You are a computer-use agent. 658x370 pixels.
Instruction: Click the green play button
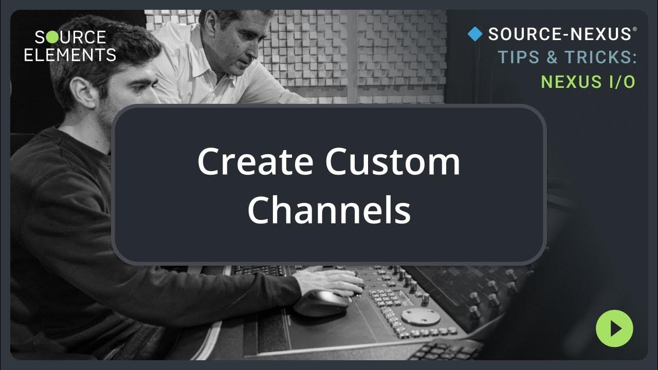click(x=614, y=328)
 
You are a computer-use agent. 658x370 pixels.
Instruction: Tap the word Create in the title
click(x=255, y=161)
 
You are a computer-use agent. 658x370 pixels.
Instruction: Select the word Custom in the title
click(x=393, y=161)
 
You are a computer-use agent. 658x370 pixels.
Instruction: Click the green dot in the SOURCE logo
click(x=53, y=38)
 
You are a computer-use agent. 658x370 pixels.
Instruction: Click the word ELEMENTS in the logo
click(x=70, y=54)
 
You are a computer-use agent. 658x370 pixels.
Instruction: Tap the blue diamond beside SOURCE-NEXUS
click(x=475, y=34)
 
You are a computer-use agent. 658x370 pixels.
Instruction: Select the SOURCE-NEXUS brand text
click(x=559, y=34)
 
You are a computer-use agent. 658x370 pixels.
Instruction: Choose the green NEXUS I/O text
click(x=589, y=81)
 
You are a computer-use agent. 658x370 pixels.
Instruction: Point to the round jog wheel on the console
click(x=421, y=317)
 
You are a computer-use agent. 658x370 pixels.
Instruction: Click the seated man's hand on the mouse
click(x=334, y=282)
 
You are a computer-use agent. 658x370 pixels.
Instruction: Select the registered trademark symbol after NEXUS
click(x=634, y=29)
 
